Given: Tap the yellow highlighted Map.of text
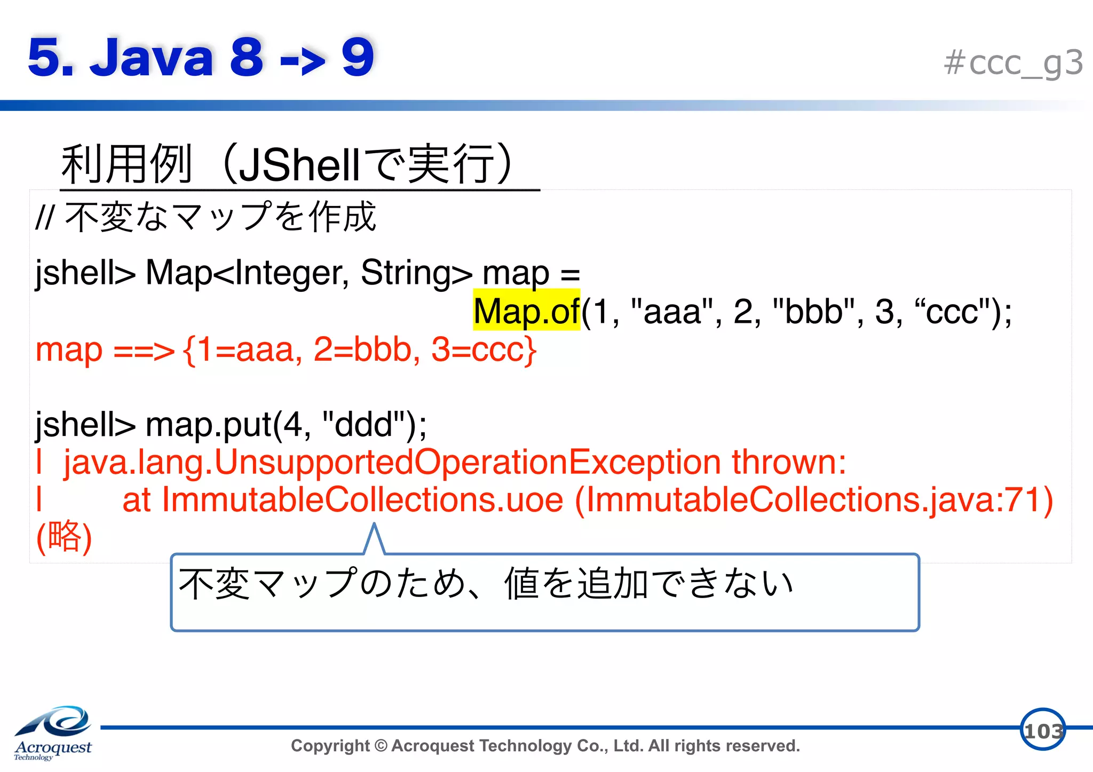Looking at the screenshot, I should coord(526,311).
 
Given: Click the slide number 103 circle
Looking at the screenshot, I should coord(1042,730).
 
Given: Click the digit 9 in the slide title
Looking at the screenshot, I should coord(358,58).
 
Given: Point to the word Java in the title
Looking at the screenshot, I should coord(152,58).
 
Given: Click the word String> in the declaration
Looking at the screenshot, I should coord(416,273).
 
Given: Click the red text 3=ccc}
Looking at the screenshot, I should coord(484,351).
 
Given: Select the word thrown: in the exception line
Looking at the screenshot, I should coord(789,462).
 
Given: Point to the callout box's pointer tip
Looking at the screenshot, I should coord(375,525).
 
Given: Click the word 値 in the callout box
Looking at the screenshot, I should coord(521,584).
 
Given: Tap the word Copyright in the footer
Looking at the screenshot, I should coord(330,746).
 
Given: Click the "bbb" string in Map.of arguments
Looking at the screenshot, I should coord(813,312).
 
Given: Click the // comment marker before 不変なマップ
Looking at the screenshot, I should coord(45,218).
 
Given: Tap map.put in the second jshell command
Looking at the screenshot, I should coord(208,425).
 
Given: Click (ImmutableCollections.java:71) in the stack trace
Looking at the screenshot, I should coord(814,500).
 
